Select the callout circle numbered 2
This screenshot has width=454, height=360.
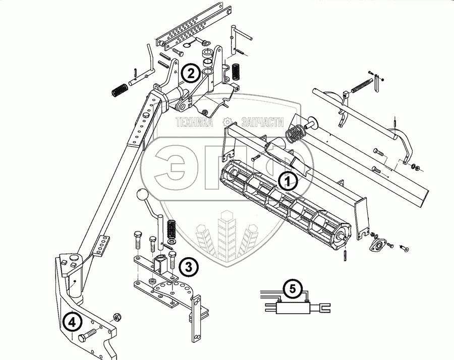190,74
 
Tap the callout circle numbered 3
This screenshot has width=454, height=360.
188,266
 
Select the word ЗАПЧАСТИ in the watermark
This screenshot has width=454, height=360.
262,122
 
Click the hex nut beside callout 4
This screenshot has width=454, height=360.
115,316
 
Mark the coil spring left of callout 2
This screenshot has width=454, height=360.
119,91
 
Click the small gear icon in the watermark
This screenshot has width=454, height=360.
228,122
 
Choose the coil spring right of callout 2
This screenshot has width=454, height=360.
235,72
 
